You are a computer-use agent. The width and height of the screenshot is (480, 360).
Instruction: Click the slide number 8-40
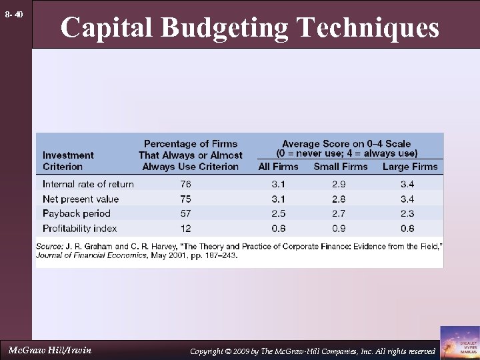tap(14, 14)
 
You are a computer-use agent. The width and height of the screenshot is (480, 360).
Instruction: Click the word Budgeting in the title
tap(225, 27)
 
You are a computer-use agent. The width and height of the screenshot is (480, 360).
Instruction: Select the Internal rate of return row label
tap(88, 184)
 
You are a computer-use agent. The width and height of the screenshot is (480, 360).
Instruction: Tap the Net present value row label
tap(81, 199)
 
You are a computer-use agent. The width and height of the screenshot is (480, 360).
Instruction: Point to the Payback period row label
tap(76, 213)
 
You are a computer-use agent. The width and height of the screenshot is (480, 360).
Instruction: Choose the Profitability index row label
tap(79, 228)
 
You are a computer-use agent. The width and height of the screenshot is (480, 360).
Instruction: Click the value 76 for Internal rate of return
tap(185, 184)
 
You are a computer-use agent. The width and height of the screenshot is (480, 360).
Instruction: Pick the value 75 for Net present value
tap(185, 199)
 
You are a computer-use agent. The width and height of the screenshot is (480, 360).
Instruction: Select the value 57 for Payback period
tap(185, 213)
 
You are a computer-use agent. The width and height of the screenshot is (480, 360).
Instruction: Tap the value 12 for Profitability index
tap(185, 228)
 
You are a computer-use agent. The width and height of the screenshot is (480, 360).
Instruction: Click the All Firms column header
tap(278, 167)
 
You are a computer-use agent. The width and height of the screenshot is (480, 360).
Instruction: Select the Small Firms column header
tap(340, 167)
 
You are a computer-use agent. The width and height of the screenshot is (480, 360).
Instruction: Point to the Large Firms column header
tap(410, 167)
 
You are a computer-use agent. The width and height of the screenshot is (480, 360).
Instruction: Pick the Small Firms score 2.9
tap(340, 184)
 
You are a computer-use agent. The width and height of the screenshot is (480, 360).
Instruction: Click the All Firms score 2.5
tap(278, 213)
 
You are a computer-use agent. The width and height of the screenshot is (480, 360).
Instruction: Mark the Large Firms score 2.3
tap(407, 213)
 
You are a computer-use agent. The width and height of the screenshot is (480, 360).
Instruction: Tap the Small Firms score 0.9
tap(340, 228)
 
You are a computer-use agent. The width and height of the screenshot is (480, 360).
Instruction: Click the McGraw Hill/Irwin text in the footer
tap(50, 350)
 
